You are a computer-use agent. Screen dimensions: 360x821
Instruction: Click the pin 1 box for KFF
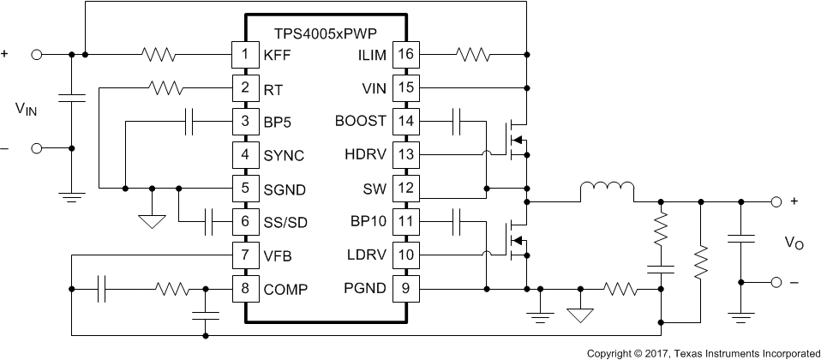(x=245, y=55)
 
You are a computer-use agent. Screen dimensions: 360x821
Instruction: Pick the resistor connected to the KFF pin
(x=159, y=55)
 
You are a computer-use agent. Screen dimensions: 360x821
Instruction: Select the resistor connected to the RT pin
(x=165, y=87)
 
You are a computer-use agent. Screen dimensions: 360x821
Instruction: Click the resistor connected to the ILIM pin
(x=473, y=55)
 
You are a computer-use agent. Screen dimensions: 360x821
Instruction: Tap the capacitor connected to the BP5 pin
(x=194, y=122)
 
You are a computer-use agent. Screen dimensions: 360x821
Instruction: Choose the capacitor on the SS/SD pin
(x=209, y=222)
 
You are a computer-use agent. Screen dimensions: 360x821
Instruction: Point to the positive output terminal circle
(x=776, y=202)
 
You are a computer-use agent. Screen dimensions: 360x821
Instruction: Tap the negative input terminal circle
(x=37, y=148)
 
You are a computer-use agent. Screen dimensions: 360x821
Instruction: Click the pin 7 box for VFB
(x=245, y=255)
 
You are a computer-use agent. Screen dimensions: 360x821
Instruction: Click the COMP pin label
(x=285, y=289)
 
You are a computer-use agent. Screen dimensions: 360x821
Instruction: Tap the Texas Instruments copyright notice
(x=703, y=352)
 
